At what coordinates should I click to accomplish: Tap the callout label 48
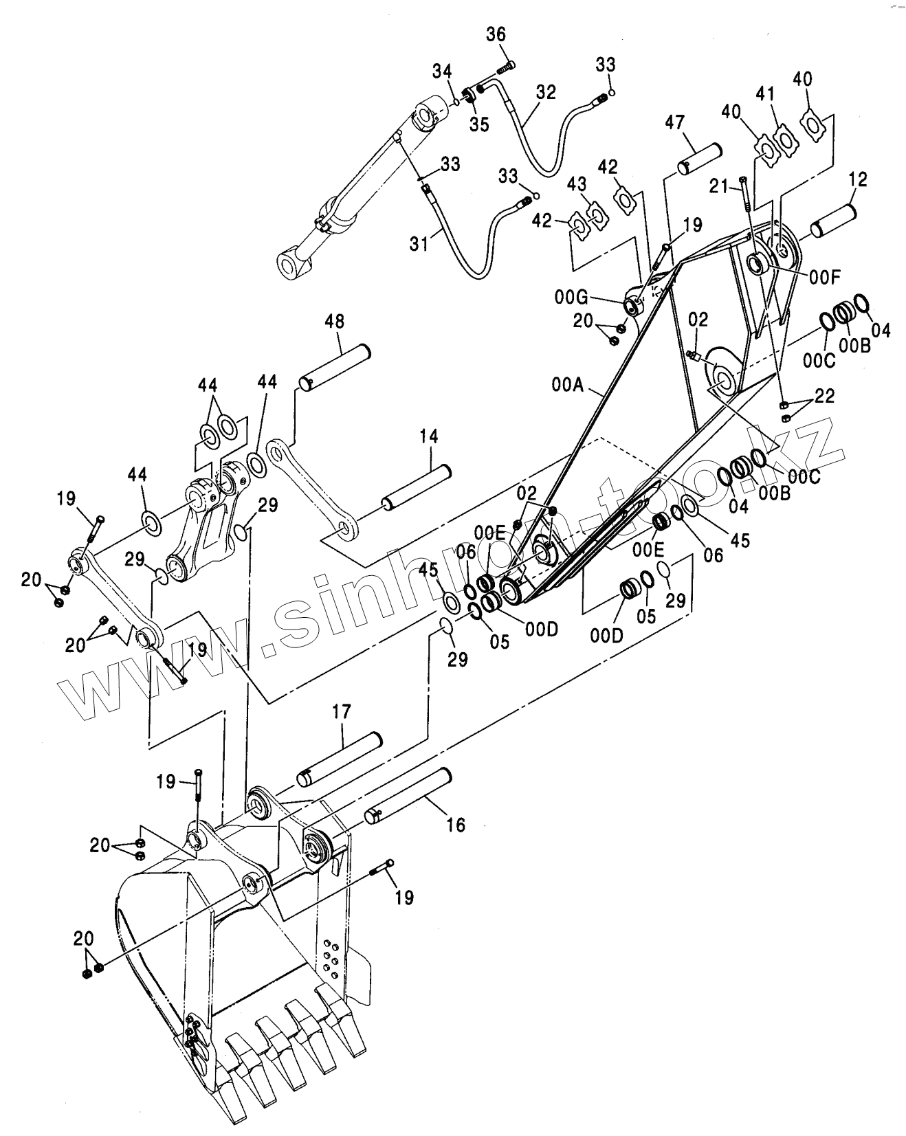pyautogui.click(x=334, y=322)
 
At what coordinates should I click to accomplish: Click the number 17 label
pyautogui.click(x=342, y=711)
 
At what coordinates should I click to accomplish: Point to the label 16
pyautogui.click(x=456, y=824)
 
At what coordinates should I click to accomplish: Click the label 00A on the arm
pyautogui.click(x=566, y=386)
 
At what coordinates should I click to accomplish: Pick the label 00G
pyautogui.click(x=571, y=297)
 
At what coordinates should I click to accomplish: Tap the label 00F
pyautogui.click(x=825, y=277)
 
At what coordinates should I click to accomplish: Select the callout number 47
pyautogui.click(x=674, y=123)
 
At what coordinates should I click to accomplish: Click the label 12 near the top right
pyautogui.click(x=858, y=180)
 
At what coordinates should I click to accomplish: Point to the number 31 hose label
pyautogui.click(x=419, y=243)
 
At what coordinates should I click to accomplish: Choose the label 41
pyautogui.click(x=766, y=93)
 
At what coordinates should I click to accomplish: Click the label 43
pyautogui.click(x=577, y=185)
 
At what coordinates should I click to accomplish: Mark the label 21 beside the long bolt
pyautogui.click(x=718, y=186)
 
